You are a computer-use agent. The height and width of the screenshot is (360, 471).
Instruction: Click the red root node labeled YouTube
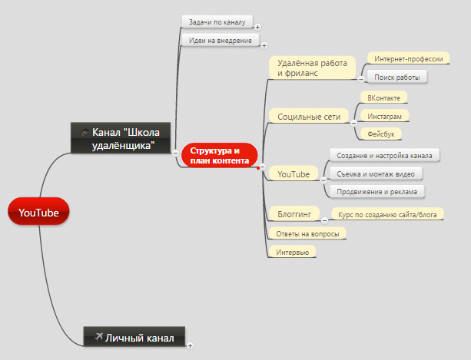pos(38,211)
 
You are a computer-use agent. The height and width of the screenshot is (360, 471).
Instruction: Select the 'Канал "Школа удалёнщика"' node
pos(121,138)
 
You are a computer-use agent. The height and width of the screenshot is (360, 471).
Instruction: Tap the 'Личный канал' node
pos(134,337)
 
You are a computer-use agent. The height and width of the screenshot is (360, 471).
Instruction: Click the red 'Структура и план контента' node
pos(220,155)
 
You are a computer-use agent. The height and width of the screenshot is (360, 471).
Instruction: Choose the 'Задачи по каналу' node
pos(217,22)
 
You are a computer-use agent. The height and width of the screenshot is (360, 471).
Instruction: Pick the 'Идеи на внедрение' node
pos(221,40)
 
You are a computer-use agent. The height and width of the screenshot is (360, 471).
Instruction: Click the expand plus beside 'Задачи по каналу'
pos(257,28)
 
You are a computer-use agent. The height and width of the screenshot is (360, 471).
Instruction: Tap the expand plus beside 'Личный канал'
pos(190,345)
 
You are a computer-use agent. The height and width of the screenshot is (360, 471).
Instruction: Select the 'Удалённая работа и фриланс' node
pos(312,68)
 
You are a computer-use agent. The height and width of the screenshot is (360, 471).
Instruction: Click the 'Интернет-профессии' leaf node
pos(409,58)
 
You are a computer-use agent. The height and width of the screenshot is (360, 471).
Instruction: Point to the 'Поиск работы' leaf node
pos(396,77)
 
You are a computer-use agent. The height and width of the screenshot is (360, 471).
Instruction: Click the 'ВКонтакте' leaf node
pos(383,97)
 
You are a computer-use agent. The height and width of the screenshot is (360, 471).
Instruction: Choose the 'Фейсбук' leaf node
pos(380,134)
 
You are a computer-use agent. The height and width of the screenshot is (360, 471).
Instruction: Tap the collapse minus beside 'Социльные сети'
pos(353,123)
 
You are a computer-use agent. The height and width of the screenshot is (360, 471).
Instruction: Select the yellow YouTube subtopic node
pos(294,173)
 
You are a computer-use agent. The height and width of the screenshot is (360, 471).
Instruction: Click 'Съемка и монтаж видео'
pos(376,173)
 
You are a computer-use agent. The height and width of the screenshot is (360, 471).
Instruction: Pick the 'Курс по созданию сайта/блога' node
pos(387,214)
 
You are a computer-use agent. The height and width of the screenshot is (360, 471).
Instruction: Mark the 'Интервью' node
pos(292,252)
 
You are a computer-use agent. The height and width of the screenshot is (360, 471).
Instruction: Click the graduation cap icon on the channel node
pos(85,132)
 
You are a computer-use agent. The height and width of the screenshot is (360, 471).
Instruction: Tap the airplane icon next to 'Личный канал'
pos(98,337)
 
